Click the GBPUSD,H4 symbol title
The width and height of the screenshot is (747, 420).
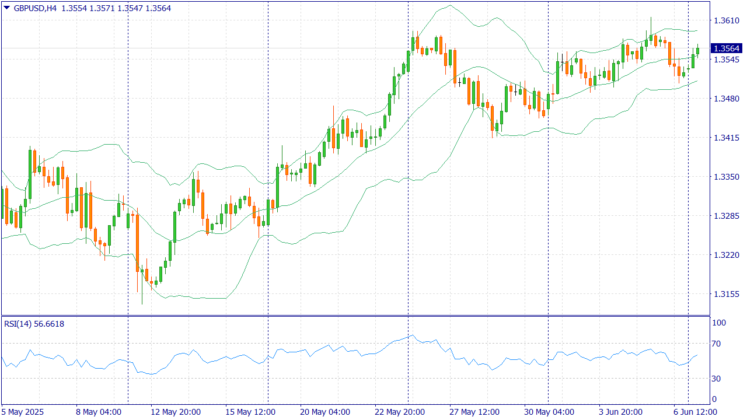coord(34,8)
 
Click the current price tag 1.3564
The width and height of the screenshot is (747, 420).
coord(726,48)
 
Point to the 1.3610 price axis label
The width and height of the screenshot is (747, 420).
coord(726,20)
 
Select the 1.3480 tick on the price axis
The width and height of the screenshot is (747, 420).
coord(726,99)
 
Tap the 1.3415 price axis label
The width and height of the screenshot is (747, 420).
coord(726,138)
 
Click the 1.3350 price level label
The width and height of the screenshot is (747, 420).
coord(726,177)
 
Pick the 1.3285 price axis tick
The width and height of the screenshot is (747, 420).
coord(726,216)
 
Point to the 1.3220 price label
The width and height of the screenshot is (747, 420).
coord(726,255)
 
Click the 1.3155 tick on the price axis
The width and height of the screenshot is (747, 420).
coord(726,294)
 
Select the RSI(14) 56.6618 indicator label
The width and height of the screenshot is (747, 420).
coord(34,324)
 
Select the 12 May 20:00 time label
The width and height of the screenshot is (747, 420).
coord(175,412)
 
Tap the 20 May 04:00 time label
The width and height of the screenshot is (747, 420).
coord(324,412)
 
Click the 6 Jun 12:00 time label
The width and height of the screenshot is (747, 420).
coord(696,412)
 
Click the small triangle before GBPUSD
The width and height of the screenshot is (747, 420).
coord(6,8)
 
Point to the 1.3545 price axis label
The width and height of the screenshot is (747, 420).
coord(726,60)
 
